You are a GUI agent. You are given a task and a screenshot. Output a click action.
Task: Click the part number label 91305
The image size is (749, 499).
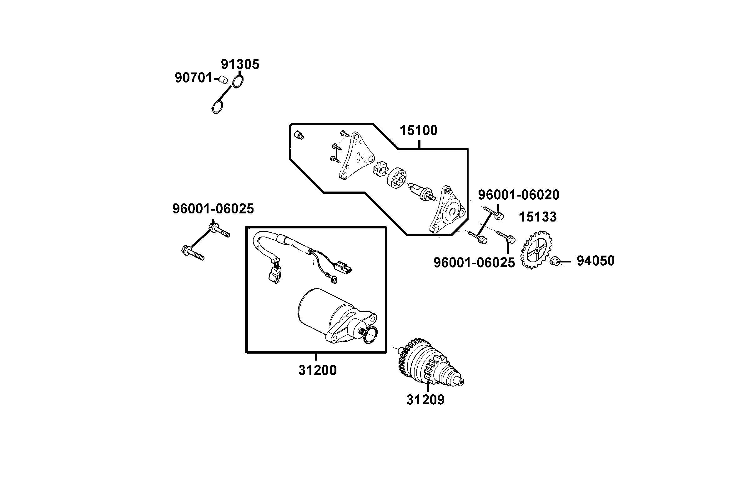(x=240, y=64)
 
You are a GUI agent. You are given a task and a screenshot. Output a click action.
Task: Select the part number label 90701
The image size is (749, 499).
(x=193, y=78)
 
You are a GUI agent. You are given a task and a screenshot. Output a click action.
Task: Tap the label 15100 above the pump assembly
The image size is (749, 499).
(x=418, y=131)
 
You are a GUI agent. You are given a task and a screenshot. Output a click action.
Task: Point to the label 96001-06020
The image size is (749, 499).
(x=518, y=195)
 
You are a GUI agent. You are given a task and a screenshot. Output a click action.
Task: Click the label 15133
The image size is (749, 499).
(x=537, y=217)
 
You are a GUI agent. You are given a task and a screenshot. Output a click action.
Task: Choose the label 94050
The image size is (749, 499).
(x=595, y=261)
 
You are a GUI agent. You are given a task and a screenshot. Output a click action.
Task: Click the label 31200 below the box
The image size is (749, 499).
(x=317, y=371)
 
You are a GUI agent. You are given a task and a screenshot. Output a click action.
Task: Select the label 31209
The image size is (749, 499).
(x=425, y=400)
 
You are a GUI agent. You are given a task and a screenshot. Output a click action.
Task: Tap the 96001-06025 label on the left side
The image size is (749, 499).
(x=213, y=209)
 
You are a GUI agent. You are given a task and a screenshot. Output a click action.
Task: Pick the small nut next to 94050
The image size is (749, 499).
(x=555, y=261)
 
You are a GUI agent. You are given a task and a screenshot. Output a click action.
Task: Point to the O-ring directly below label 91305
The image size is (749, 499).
(x=238, y=82)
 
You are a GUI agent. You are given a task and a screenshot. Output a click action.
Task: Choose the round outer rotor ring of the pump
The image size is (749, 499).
(x=397, y=180)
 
